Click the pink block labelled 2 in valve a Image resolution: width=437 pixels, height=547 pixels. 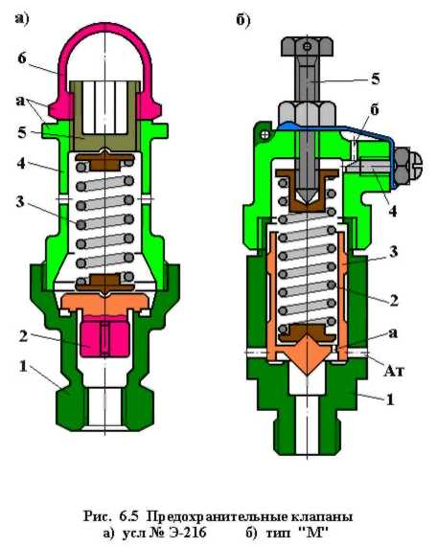104,335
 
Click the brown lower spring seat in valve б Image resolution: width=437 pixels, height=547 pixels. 307,332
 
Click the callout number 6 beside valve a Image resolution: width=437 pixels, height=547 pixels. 22,58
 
